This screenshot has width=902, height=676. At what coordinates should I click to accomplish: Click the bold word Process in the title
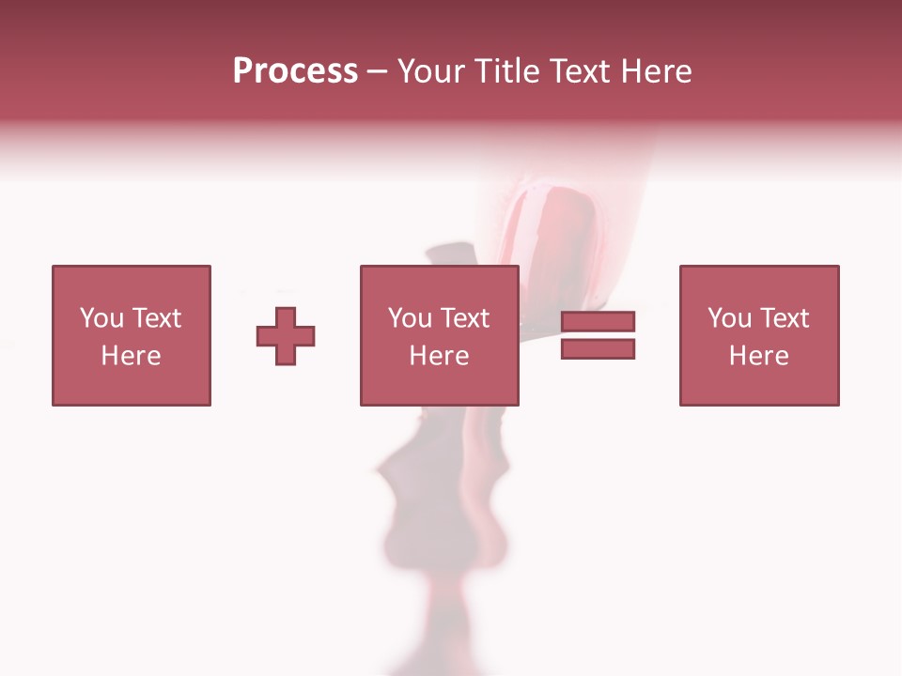(x=295, y=70)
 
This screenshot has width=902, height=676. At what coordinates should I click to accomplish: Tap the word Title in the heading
(x=505, y=70)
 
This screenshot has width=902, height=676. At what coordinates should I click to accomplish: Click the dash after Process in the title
(x=377, y=71)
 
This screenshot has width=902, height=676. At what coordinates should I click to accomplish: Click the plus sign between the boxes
(x=286, y=336)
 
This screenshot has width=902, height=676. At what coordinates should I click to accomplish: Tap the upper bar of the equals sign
(x=598, y=322)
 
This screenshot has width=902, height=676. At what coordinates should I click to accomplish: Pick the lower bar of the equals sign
(x=598, y=349)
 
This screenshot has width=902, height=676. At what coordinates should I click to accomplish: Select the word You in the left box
(x=101, y=318)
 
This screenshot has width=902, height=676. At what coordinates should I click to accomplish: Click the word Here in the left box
(x=131, y=356)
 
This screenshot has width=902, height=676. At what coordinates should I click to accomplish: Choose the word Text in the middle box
(x=464, y=318)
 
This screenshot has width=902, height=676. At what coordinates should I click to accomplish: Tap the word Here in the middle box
(x=439, y=356)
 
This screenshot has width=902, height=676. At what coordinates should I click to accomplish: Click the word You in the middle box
(x=410, y=318)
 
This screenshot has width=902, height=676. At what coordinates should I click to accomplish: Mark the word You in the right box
(x=729, y=318)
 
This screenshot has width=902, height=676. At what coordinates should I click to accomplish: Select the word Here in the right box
(x=758, y=356)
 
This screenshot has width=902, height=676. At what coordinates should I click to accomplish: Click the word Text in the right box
(x=784, y=318)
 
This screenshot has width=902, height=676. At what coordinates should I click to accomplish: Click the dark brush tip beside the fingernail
(x=451, y=254)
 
